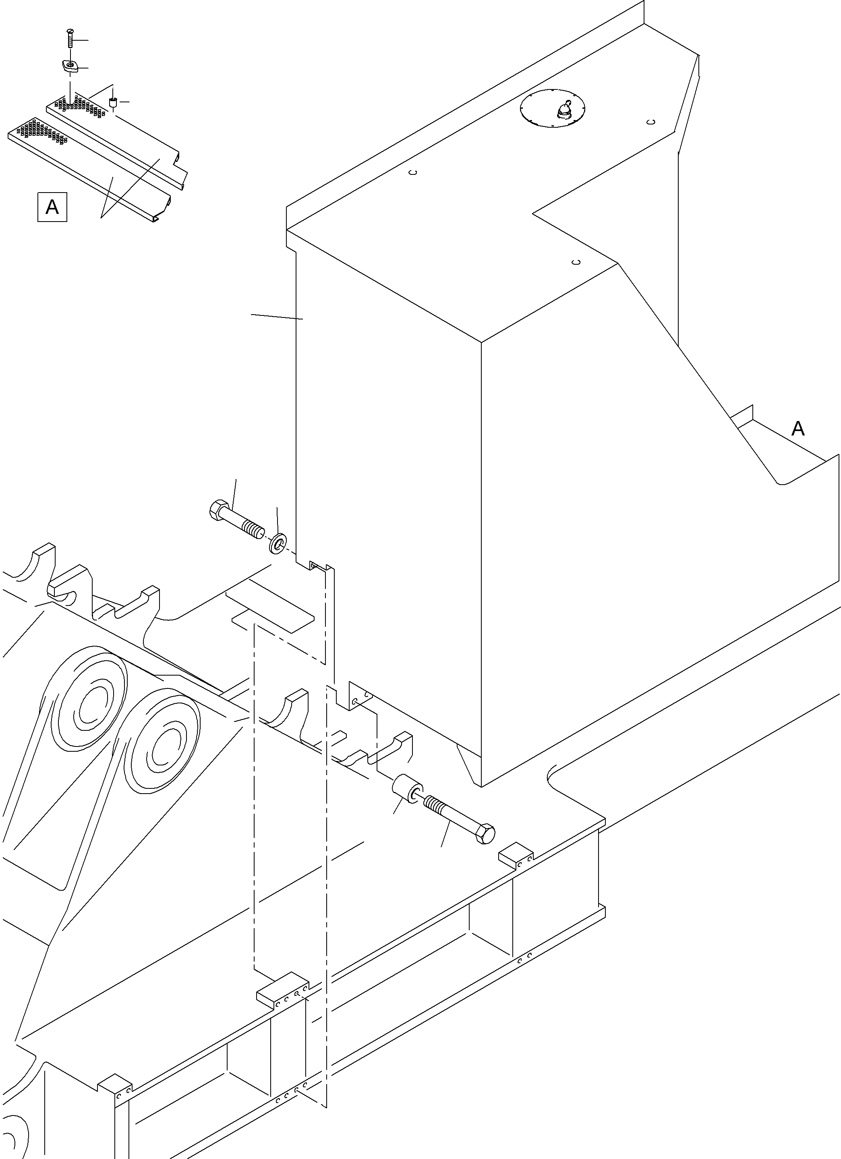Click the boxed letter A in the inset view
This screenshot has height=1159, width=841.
(x=52, y=207)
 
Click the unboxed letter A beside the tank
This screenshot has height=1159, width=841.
(x=797, y=428)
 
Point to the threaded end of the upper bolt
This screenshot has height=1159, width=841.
(x=253, y=527)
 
